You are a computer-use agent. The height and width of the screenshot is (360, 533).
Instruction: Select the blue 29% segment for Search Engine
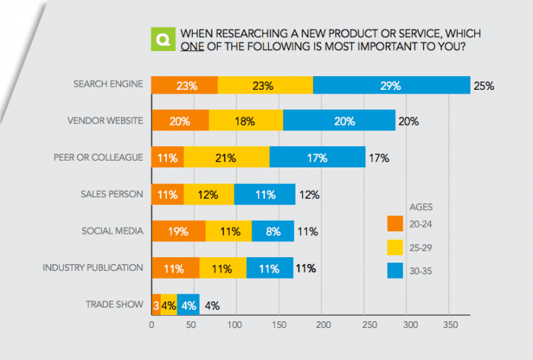391,85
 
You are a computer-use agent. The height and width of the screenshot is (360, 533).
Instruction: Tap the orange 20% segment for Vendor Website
180,120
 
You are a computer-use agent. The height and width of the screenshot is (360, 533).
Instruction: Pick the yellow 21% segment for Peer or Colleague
226,158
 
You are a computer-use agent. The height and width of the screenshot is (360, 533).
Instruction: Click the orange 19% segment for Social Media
178,231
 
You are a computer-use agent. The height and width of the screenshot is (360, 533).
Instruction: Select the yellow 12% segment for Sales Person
209,194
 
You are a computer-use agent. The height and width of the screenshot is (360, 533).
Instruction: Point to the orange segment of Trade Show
156,305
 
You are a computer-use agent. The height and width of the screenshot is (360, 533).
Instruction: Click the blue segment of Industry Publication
270,268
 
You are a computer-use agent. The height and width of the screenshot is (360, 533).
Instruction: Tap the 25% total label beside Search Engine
484,85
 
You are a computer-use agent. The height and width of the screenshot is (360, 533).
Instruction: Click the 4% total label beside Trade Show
212,305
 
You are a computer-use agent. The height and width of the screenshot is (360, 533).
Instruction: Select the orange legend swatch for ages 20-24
394,223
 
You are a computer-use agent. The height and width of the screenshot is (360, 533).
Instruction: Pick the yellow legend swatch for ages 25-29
394,248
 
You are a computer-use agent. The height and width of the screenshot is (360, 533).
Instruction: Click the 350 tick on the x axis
453,325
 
